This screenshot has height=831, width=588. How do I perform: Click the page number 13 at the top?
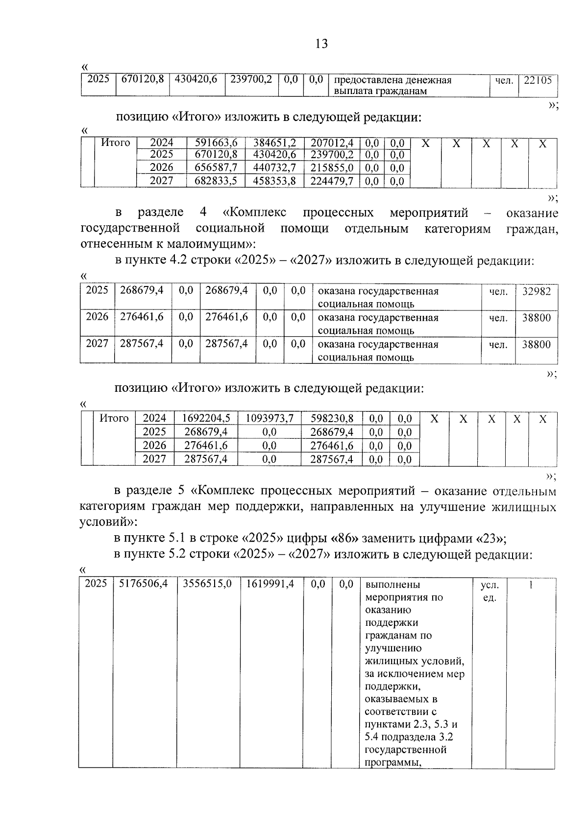click(x=321, y=44)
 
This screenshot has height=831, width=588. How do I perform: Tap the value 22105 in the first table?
click(x=538, y=80)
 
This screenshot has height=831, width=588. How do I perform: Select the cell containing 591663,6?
click(x=216, y=143)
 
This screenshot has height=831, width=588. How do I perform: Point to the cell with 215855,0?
click(x=332, y=168)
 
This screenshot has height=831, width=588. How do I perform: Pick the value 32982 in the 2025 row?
click(x=536, y=291)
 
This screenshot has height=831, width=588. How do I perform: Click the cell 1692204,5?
click(x=206, y=419)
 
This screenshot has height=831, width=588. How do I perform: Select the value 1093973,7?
click(x=269, y=419)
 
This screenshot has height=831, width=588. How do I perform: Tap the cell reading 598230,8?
click(x=331, y=419)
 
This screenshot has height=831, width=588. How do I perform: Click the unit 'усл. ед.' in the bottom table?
click(x=489, y=591)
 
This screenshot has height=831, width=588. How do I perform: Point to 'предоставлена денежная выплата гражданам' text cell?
click(x=392, y=85)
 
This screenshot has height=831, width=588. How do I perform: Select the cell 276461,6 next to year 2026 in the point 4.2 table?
click(x=142, y=317)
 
